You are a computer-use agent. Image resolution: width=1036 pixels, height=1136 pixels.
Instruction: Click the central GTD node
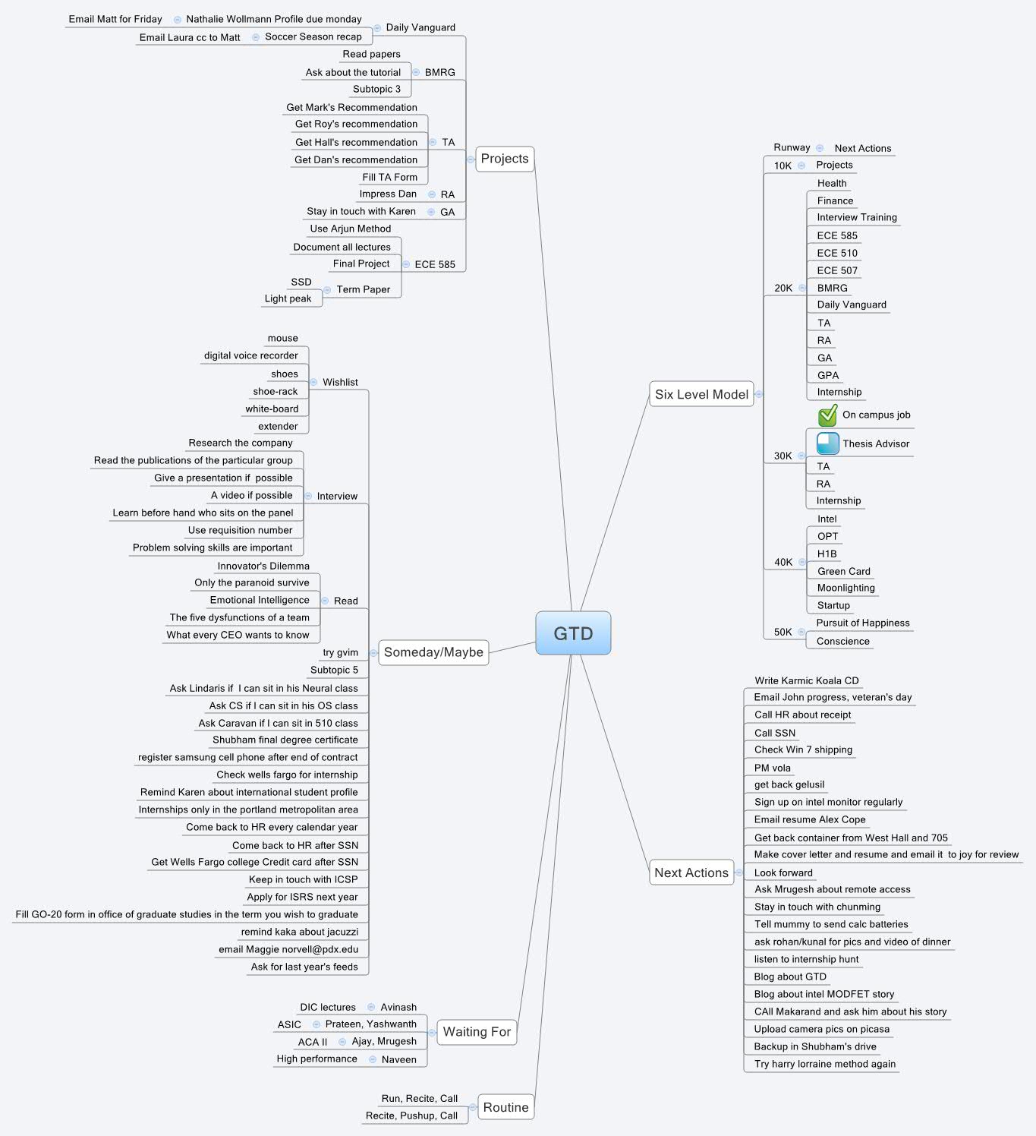[573, 633]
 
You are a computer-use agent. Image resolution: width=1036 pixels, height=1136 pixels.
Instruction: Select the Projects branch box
[505, 159]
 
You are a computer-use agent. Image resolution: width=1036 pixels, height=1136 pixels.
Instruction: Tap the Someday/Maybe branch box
[433, 652]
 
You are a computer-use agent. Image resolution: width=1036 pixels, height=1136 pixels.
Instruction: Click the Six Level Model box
[701, 394]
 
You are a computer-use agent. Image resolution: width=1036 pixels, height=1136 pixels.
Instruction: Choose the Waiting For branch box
[477, 1032]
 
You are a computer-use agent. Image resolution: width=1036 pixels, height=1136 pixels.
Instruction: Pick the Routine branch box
[505, 1107]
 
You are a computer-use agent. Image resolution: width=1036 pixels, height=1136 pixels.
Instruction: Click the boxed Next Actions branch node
[691, 873]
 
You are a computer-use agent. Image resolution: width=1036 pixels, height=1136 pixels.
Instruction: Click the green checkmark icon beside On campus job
[827, 415]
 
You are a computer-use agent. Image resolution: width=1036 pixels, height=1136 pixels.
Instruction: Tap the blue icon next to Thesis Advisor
[827, 443]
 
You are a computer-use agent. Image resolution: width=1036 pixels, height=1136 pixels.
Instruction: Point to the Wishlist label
[340, 382]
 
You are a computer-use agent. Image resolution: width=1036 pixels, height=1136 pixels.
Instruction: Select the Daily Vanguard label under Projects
[420, 27]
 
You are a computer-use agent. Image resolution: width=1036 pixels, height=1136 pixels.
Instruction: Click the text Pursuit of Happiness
[863, 623]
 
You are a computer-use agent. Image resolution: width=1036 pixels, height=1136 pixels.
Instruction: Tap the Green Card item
[844, 571]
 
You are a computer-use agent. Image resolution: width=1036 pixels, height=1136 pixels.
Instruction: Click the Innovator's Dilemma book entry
[263, 566]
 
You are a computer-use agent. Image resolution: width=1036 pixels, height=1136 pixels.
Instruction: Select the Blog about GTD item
[790, 977]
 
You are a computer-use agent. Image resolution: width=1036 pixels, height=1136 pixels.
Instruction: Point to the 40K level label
[783, 562]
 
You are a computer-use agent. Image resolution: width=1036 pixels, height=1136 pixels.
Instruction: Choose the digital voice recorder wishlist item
[251, 355]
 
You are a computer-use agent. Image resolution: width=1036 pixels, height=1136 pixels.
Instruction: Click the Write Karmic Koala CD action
[807, 680]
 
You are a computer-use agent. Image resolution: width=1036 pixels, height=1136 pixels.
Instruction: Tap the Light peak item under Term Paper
[288, 298]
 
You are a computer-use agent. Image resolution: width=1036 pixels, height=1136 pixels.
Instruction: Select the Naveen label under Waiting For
[399, 1059]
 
